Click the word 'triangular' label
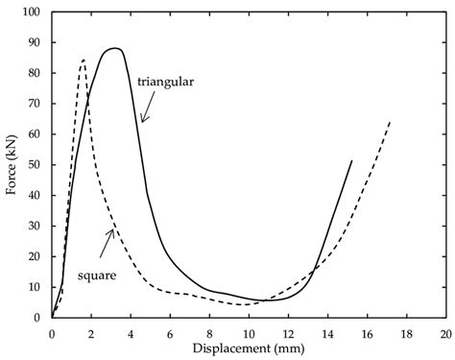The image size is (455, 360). [165, 83]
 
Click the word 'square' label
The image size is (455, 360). [97, 276]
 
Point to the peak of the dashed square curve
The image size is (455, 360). [84, 60]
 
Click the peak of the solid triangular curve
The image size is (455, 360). [114, 48]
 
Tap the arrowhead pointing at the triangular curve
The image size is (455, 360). [144, 119]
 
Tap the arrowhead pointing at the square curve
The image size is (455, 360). [110, 233]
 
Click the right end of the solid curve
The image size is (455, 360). [352, 160]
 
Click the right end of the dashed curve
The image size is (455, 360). [390, 122]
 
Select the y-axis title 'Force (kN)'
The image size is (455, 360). [11, 165]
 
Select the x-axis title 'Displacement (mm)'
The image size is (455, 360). [249, 348]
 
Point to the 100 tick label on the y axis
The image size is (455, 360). [32, 12]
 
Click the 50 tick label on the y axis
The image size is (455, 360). [35, 165]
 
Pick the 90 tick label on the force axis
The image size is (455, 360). [35, 42]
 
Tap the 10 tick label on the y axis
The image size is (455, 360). [35, 287]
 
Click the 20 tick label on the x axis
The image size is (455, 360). [446, 334]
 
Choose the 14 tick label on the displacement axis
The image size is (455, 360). [327, 334]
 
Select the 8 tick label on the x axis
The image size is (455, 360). [209, 334]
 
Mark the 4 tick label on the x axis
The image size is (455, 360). [131, 334]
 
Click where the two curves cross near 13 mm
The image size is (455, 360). [313, 271]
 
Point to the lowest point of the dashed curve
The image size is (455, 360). [243, 304]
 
